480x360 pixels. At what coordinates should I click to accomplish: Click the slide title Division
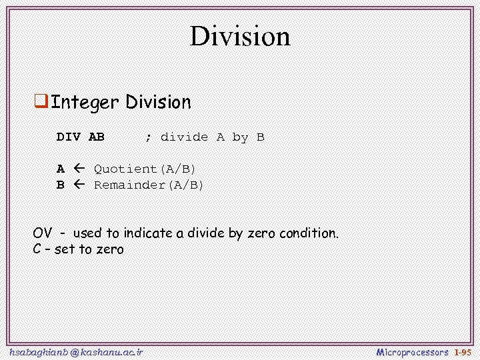240,36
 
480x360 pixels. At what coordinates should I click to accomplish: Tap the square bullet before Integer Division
41,102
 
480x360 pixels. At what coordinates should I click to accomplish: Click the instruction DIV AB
81,137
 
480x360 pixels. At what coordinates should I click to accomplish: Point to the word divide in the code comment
184,137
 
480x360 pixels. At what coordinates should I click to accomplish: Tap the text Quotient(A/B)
145,169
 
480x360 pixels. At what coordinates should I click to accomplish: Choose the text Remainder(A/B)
149,185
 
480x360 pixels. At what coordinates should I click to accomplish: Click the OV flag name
43,233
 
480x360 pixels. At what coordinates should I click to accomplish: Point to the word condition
309,233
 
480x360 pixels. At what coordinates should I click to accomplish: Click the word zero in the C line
110,250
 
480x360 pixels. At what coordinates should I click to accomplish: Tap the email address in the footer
76,351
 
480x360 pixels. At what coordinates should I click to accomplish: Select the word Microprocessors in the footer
412,351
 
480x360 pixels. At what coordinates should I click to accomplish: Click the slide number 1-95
462,351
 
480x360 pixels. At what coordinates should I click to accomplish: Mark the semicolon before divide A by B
148,138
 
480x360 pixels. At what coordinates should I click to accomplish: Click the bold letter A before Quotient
61,169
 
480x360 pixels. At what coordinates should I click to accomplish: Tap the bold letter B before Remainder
61,185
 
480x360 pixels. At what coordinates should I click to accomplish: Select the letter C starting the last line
37,250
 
